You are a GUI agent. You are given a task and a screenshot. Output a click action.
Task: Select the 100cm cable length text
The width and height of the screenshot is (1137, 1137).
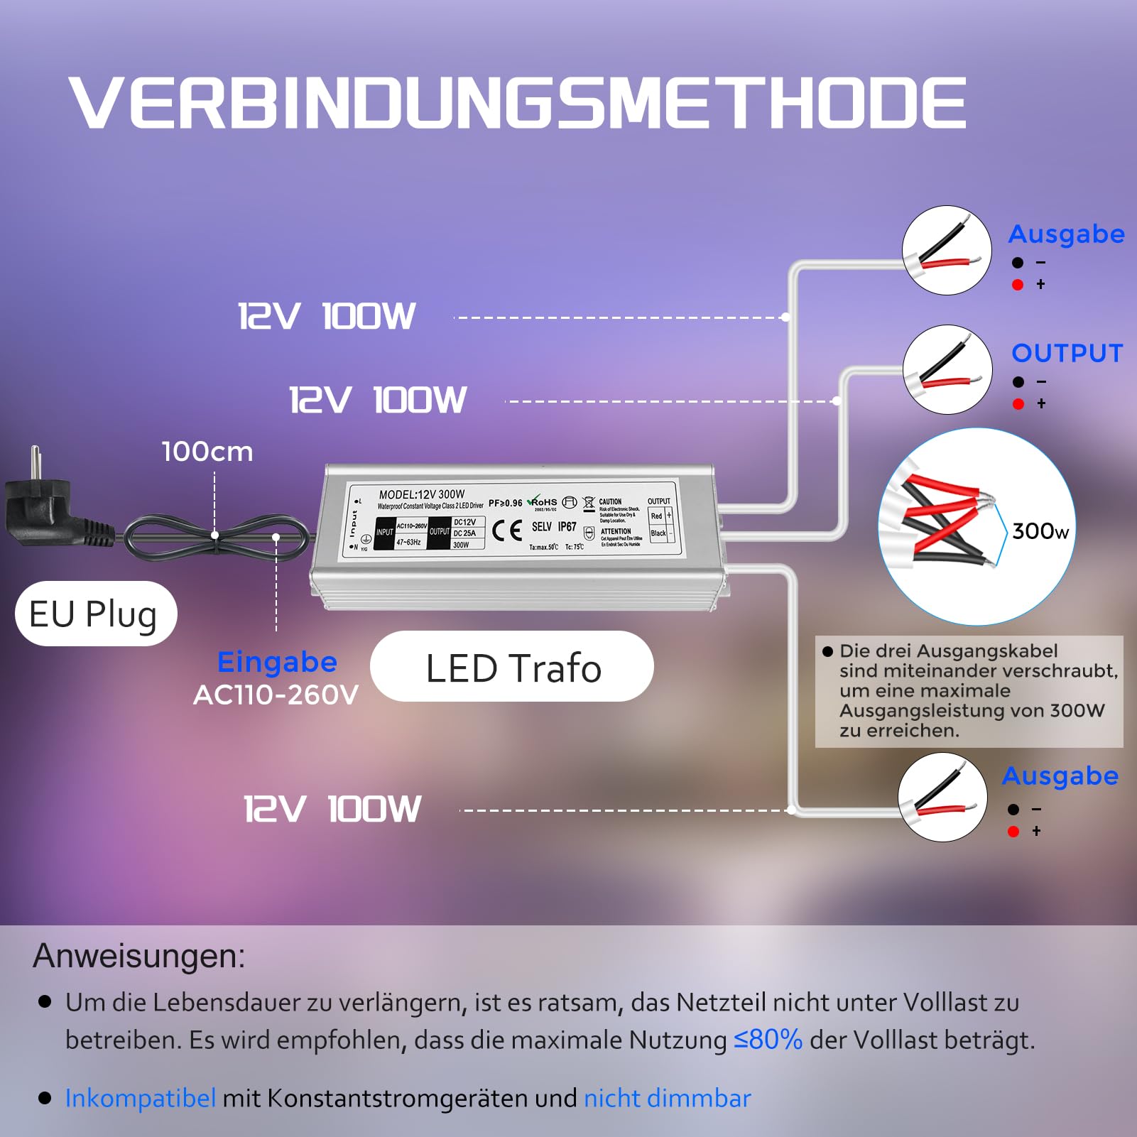(x=207, y=452)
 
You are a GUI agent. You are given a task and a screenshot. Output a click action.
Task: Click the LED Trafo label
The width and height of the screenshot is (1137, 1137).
(x=513, y=668)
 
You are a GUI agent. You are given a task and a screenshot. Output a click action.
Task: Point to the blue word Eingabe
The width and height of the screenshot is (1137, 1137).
(x=277, y=662)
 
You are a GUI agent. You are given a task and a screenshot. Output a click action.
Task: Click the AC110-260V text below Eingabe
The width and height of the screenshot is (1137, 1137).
(x=276, y=695)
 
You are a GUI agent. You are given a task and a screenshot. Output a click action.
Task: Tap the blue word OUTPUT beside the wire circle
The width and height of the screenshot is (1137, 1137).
(x=1067, y=353)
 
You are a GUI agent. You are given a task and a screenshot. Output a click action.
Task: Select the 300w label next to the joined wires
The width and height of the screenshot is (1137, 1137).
(x=1040, y=531)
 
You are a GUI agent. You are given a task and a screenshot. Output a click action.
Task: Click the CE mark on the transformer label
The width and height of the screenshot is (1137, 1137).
(x=507, y=530)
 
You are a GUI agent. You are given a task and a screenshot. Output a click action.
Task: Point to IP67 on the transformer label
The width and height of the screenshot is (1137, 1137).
(x=567, y=526)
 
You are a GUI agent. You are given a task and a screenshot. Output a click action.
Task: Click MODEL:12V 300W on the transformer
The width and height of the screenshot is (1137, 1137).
(x=422, y=494)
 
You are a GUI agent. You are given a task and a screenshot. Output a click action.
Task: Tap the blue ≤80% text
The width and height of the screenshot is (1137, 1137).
(x=768, y=1040)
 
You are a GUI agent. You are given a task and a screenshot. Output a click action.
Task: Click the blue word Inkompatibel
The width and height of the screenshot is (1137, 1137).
(x=140, y=1098)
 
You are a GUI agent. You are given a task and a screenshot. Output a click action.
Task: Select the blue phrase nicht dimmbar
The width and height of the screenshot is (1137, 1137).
(x=667, y=1098)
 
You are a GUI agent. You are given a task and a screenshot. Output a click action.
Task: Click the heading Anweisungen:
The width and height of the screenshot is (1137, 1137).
(x=139, y=956)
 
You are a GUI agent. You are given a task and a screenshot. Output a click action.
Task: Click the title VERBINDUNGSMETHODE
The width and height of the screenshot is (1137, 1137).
(x=517, y=103)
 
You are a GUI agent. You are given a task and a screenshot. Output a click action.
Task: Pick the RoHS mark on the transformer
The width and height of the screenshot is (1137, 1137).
(x=543, y=502)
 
